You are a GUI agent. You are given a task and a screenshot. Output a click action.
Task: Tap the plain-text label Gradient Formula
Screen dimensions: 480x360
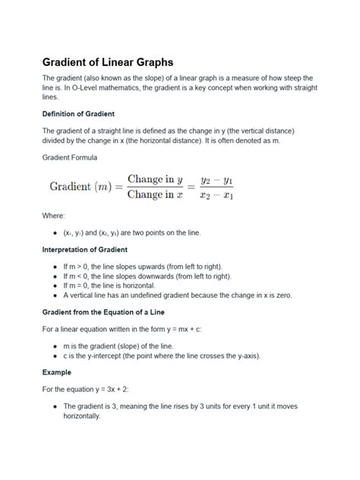[74, 157]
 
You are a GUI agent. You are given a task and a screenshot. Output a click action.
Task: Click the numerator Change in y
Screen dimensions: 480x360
[155, 179]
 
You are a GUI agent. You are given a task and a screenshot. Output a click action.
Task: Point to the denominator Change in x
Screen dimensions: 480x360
[155, 194]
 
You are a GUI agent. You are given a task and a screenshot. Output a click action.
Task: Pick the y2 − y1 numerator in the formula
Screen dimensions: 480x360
[216, 180]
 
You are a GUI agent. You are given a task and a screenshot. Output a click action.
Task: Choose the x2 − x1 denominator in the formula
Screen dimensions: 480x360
[216, 195]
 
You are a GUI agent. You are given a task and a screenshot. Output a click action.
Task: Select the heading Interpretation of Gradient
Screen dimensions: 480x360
[84, 249]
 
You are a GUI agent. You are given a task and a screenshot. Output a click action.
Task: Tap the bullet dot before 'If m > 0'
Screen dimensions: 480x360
[55, 267]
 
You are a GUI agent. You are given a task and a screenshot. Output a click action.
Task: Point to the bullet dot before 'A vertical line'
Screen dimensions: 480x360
[55, 295]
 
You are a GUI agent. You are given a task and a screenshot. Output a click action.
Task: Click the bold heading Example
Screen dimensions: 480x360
[57, 373]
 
